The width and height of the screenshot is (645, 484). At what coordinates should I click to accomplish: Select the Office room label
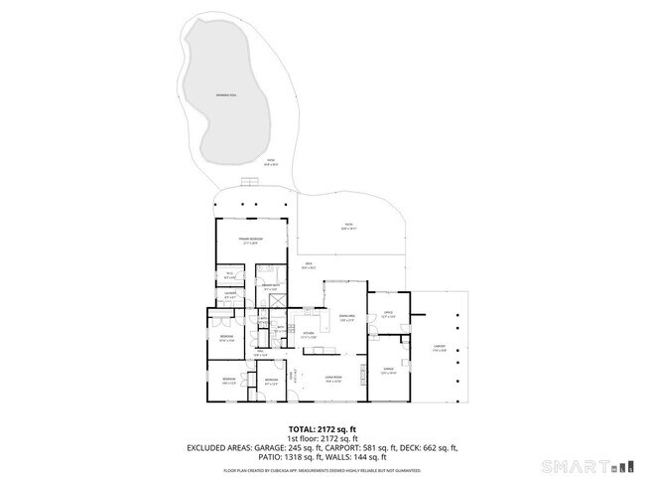point(387,316)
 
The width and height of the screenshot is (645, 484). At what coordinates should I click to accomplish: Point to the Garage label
point(389,370)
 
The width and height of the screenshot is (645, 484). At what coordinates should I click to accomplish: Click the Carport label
point(439,349)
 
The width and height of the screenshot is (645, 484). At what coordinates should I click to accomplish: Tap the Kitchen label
point(309,335)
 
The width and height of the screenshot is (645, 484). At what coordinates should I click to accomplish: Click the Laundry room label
point(229,295)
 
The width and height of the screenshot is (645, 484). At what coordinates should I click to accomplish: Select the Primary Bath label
point(269,288)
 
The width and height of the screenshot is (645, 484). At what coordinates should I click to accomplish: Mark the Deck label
point(309,265)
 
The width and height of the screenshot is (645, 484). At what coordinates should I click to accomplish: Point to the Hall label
point(260,353)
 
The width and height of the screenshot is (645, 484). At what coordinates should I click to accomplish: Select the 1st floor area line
point(322,438)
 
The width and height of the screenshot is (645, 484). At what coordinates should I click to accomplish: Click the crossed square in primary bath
point(280,301)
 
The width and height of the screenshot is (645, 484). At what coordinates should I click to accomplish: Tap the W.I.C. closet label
point(229,275)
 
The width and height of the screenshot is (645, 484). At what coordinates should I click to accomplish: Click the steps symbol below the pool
point(250,181)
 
